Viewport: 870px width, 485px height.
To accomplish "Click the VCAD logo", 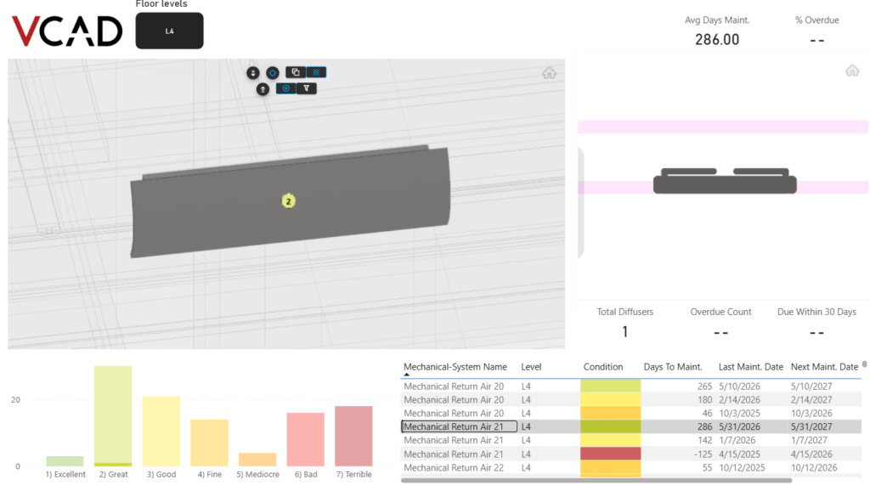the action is [x=67, y=31].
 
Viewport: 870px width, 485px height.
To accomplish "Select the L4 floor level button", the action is [x=169, y=31].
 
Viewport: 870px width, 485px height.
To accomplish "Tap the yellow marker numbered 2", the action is [x=288, y=201].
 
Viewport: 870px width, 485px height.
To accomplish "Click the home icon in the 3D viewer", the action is [x=549, y=73].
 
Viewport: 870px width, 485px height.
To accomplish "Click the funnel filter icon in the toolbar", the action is [x=306, y=88].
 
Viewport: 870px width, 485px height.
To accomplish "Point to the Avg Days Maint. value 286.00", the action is [x=717, y=39].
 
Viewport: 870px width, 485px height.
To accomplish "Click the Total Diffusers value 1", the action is [x=624, y=332].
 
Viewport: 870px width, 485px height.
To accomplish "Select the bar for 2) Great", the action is [x=113, y=416].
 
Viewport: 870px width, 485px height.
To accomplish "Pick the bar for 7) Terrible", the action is [x=353, y=437].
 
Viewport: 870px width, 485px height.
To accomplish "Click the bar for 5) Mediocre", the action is [x=257, y=460].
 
